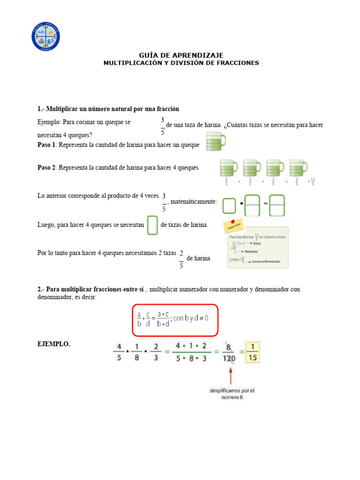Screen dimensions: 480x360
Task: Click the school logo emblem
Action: coord(46,37)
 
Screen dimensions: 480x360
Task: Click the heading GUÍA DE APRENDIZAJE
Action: coord(181,55)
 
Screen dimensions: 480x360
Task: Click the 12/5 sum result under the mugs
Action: coord(312,181)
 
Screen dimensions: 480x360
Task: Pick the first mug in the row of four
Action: coord(228,168)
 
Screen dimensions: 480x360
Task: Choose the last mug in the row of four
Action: coord(299,168)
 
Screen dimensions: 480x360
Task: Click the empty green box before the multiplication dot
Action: coord(229,206)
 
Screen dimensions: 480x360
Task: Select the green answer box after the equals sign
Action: coord(277,206)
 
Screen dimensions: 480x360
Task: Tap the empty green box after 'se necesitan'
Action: coord(152,225)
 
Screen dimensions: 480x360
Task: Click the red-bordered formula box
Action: coord(175,321)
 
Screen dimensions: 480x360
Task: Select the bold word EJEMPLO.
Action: coord(53,344)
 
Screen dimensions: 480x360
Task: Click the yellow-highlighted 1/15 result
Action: coord(253,352)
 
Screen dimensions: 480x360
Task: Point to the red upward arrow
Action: coord(230,375)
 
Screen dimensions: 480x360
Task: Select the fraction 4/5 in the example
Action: coord(120,352)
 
